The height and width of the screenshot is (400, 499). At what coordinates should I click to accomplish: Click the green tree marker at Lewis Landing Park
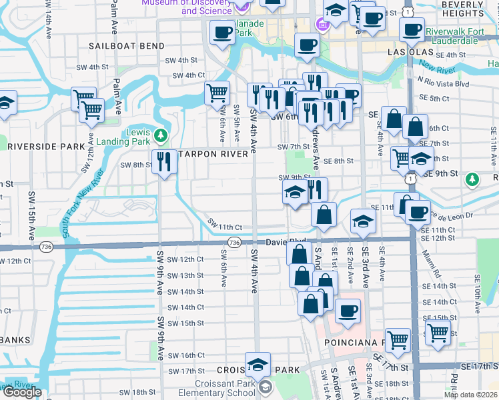point(160,136)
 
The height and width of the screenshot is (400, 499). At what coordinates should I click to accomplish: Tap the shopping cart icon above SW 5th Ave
point(217,93)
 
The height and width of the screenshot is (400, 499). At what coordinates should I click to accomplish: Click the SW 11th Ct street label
point(224,225)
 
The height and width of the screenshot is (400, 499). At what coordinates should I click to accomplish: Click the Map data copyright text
point(470,395)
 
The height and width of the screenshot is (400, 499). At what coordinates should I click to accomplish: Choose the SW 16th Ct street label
point(187,356)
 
